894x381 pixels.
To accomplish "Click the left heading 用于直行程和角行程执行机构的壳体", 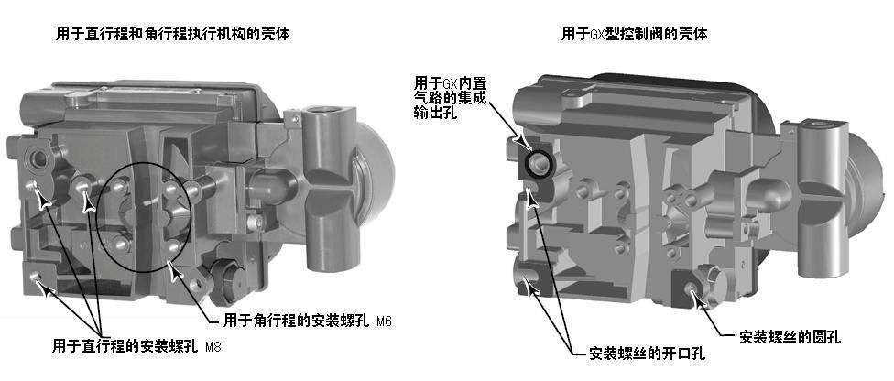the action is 173,34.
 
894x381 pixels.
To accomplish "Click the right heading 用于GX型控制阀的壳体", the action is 635,34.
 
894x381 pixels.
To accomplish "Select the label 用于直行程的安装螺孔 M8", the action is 136,346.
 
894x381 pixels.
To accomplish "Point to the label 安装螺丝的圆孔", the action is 790,337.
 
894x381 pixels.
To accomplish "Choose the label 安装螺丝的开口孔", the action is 648,354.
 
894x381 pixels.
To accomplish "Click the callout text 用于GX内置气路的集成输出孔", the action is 451,97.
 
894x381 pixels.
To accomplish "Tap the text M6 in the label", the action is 385,322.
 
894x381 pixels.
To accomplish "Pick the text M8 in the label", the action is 213,347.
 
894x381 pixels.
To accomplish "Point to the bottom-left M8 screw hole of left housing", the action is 36,277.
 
